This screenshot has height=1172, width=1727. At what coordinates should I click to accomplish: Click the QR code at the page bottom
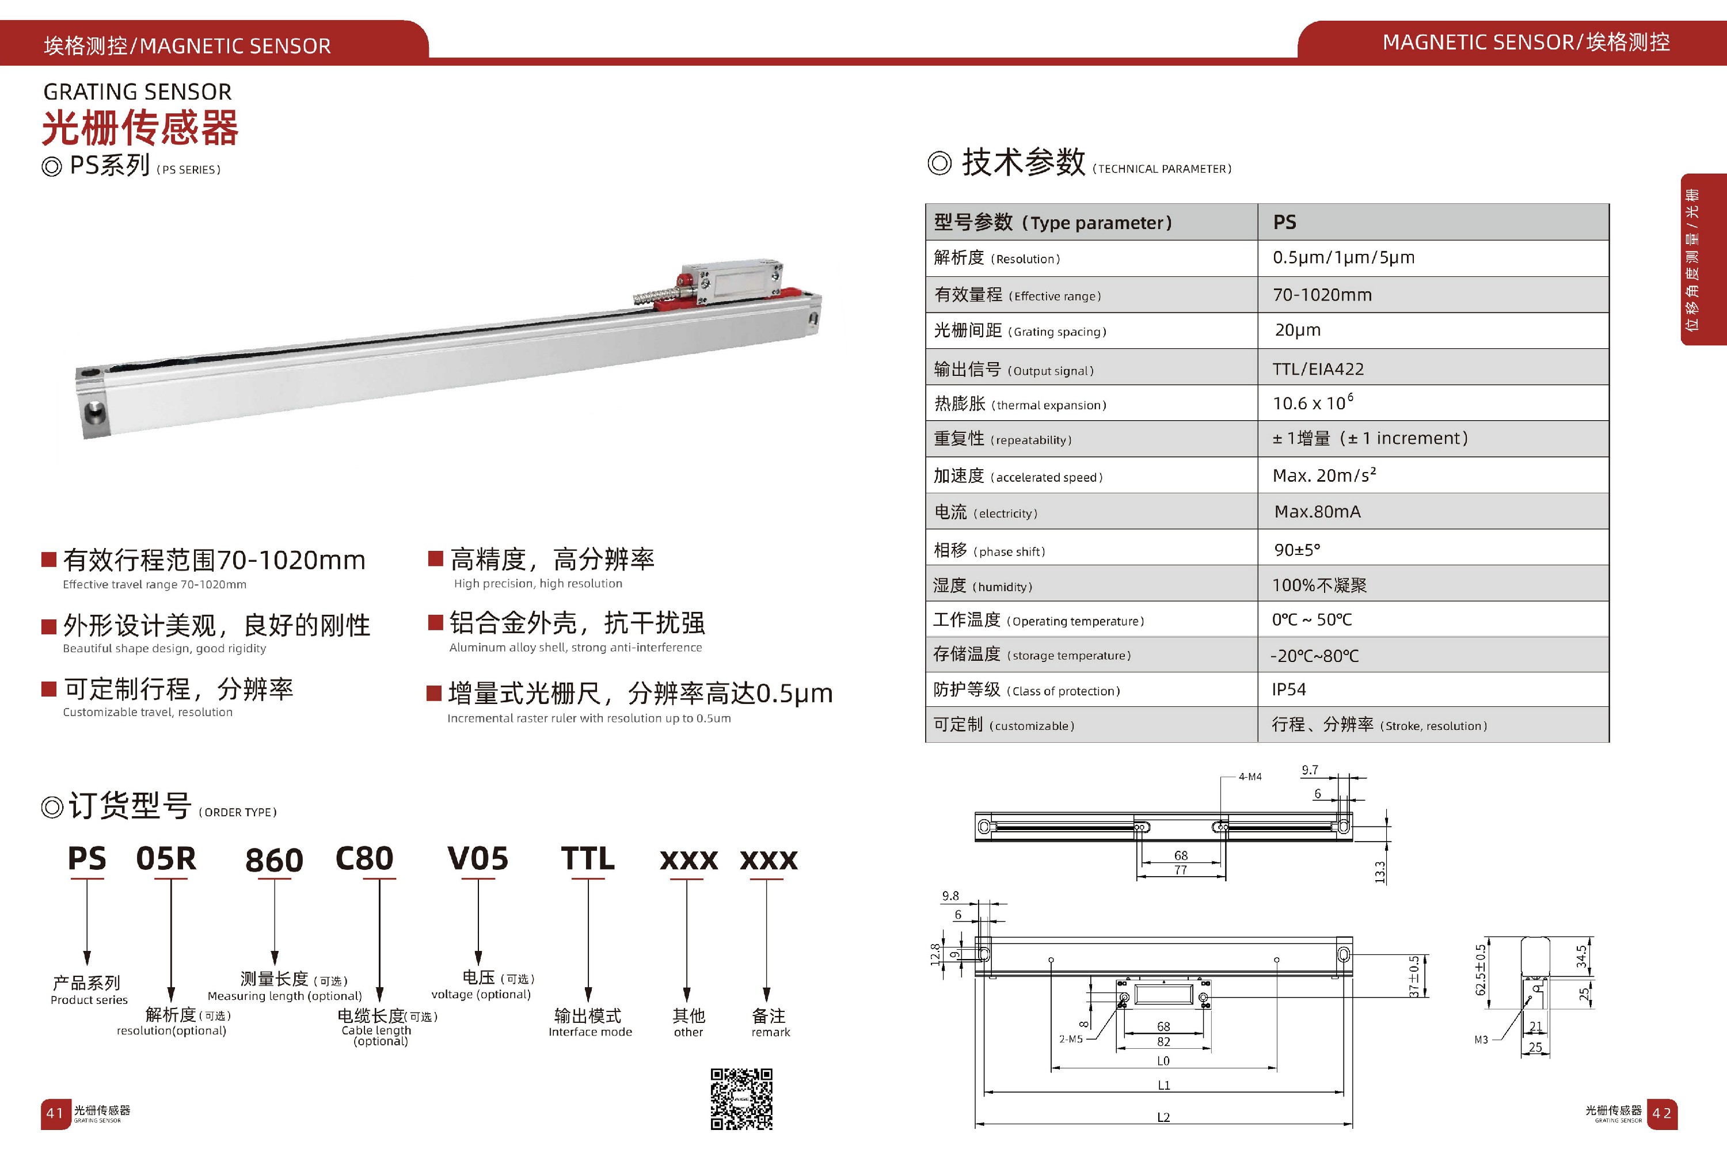point(741,1098)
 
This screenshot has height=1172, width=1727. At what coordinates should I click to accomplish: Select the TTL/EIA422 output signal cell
point(1318,368)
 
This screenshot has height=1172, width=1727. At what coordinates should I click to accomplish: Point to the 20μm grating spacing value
point(1298,330)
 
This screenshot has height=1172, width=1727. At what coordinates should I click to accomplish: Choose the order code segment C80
point(364,859)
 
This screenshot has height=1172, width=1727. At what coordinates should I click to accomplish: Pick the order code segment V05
point(478,859)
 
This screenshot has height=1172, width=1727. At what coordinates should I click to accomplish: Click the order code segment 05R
point(166,859)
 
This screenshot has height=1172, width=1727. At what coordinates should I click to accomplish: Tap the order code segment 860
point(274,861)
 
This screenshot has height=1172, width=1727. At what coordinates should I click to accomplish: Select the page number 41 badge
point(55,1113)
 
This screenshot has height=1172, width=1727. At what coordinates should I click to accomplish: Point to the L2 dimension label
point(1164,1117)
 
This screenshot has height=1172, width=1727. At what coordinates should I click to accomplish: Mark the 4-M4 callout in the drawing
point(1250,777)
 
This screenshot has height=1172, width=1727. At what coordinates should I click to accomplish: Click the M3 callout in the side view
point(1481,1040)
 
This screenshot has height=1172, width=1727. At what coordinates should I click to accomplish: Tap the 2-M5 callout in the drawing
point(1071,1039)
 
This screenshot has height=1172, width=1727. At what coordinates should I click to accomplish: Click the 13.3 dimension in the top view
point(1380,872)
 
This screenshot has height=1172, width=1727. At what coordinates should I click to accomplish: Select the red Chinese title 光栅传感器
point(140,128)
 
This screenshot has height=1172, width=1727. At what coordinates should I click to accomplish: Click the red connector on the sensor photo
point(682,281)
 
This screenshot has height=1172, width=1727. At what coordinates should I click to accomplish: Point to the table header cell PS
point(1284,222)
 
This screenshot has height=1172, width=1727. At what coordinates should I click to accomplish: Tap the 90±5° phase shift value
point(1297,550)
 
